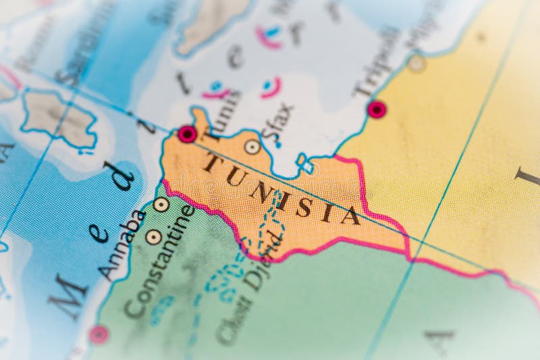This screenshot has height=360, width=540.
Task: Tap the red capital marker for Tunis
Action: (187, 134)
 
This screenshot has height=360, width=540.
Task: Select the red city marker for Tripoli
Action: (377, 109)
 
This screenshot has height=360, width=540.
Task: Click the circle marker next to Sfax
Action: (252, 146)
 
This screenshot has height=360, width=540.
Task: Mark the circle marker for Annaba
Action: (161, 204)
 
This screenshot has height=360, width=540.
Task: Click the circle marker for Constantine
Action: (154, 236)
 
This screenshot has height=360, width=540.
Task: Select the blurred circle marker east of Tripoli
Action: (416, 64)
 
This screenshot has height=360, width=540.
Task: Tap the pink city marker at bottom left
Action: (99, 334)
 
